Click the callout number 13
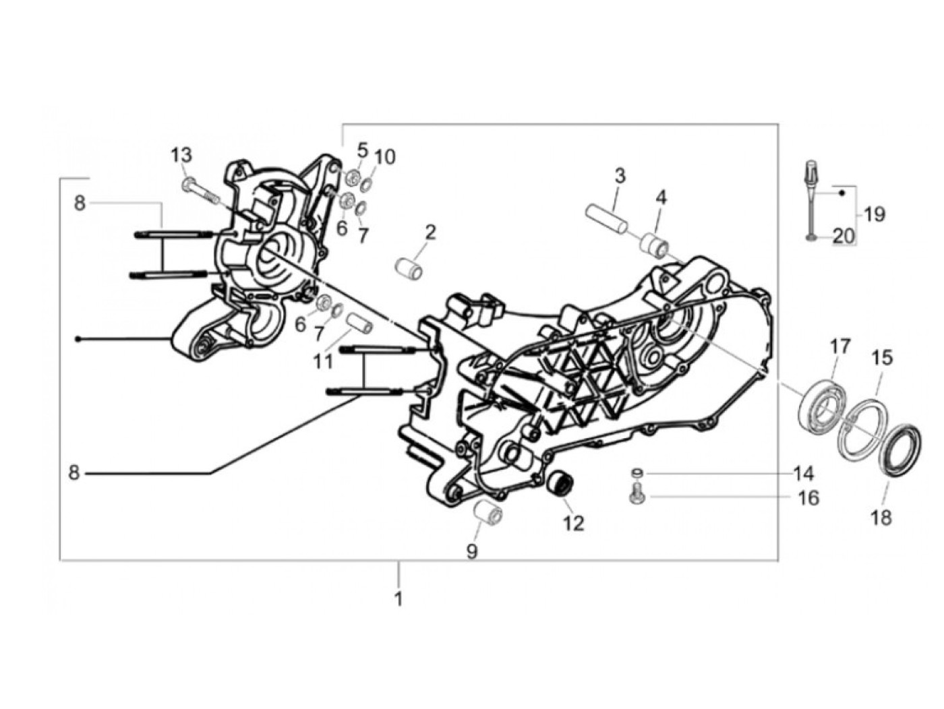[181, 155]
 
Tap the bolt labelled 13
[200, 190]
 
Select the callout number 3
[620, 177]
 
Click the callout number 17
[840, 346]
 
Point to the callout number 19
[875, 215]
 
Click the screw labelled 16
[637, 497]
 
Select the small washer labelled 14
[637, 472]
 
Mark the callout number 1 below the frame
[399, 598]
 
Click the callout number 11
[323, 362]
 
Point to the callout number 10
[385, 157]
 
